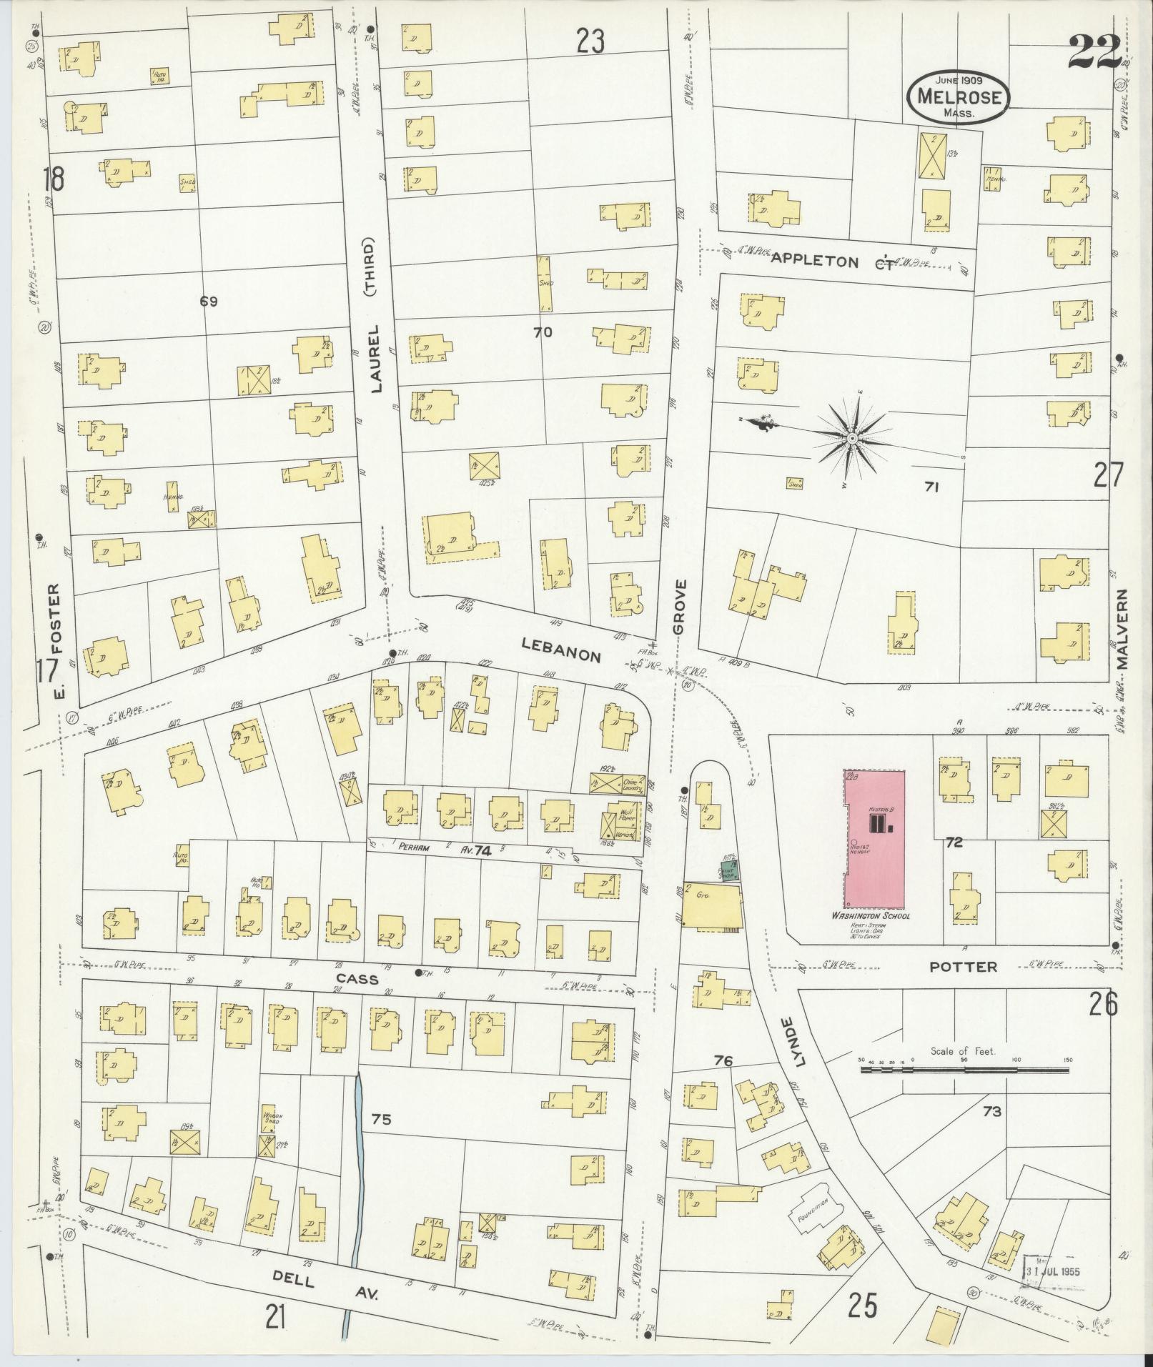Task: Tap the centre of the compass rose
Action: (x=852, y=437)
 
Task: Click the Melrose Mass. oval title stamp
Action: (x=958, y=99)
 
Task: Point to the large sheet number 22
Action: (x=1094, y=51)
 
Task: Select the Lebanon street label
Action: (x=560, y=650)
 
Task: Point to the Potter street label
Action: (x=962, y=967)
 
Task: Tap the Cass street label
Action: (x=357, y=979)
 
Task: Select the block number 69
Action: (x=208, y=302)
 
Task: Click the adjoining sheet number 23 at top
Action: (x=590, y=41)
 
